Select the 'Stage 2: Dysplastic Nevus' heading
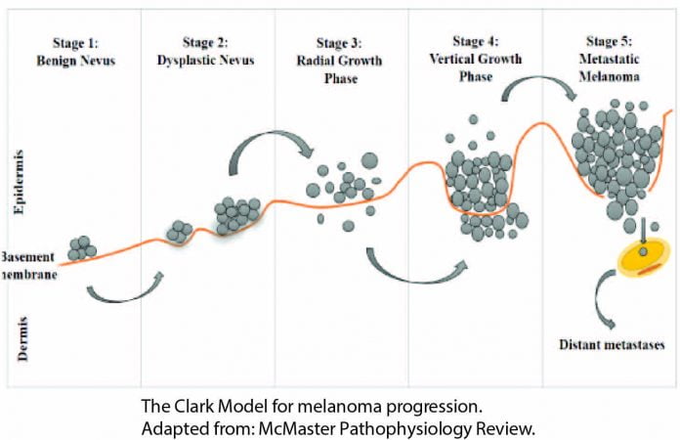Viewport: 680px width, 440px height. (205, 51)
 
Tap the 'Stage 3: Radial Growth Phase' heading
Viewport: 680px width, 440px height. (340, 62)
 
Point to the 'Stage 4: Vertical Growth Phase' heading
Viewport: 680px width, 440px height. (476, 60)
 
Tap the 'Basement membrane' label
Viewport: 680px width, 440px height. (27, 264)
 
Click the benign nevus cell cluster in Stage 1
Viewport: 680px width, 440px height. (81, 247)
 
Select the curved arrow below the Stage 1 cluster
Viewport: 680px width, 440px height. (124, 290)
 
